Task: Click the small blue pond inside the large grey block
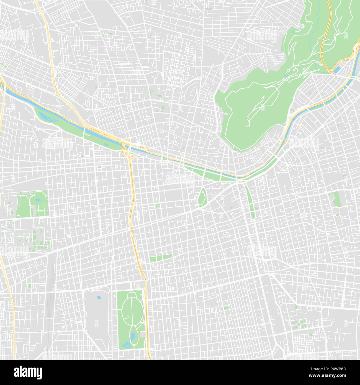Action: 99,298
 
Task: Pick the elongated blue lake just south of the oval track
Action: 133,336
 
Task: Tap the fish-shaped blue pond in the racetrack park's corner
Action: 126,345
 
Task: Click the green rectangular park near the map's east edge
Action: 336,199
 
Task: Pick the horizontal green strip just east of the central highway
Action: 161,258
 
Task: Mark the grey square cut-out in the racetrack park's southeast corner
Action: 142,334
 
